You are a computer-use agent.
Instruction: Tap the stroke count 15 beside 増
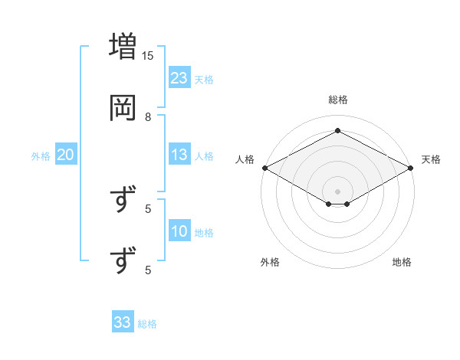click(x=148, y=55)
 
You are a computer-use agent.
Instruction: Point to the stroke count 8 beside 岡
click(x=148, y=116)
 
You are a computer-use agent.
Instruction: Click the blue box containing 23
click(x=179, y=78)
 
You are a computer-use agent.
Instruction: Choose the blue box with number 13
click(x=179, y=155)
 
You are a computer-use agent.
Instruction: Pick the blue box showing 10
click(x=179, y=232)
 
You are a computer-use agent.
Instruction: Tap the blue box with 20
click(x=65, y=155)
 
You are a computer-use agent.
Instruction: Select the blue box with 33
click(x=123, y=322)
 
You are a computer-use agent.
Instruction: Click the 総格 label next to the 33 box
click(x=147, y=324)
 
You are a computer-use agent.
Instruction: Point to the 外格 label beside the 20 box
click(x=41, y=156)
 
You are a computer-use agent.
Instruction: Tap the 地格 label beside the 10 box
click(x=204, y=233)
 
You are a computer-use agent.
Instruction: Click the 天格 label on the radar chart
click(x=431, y=159)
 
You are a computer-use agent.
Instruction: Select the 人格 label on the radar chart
click(x=245, y=159)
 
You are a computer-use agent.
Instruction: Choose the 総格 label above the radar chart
click(x=338, y=100)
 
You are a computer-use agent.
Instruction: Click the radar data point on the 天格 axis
click(x=412, y=168)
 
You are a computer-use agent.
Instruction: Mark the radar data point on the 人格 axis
click(x=264, y=168)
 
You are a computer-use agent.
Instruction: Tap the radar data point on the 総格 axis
click(x=338, y=131)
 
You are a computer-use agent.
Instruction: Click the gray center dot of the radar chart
click(x=338, y=191)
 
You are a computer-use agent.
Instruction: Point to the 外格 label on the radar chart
click(x=270, y=262)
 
